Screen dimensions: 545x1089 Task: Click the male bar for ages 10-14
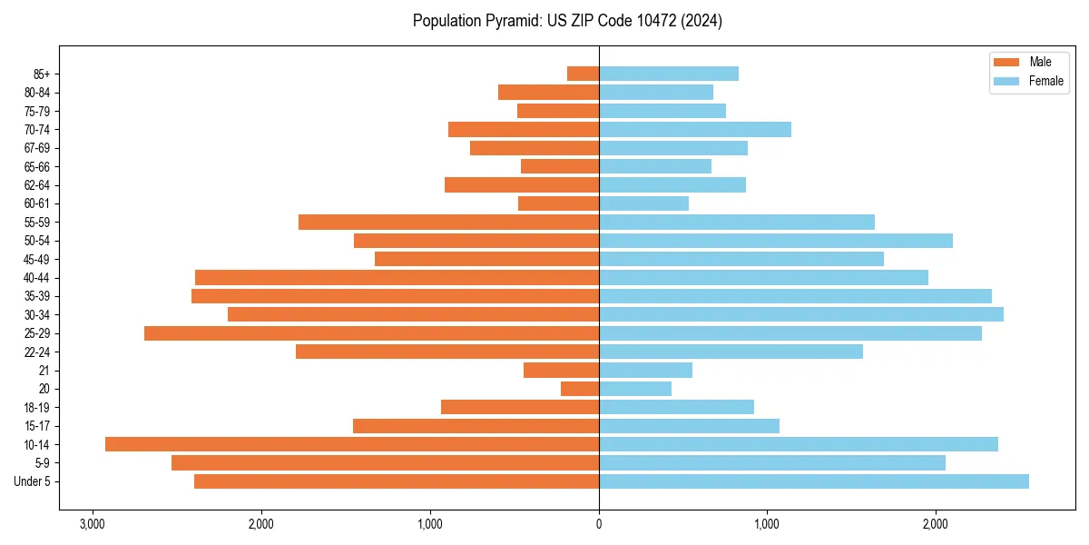(352, 444)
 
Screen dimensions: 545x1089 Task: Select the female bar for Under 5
(814, 481)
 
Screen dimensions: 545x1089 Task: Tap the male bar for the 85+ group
(583, 74)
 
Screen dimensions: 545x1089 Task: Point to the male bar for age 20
(580, 389)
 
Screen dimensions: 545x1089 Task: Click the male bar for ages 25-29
(371, 333)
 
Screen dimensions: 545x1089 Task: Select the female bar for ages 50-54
(776, 241)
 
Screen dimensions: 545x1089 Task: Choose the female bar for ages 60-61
(643, 203)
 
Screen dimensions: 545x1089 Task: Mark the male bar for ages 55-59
(448, 222)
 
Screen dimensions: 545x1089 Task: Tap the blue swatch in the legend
(1006, 81)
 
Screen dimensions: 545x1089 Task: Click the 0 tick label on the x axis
(599, 524)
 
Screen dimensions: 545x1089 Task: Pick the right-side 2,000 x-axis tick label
(936, 524)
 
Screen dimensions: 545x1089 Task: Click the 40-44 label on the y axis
(36, 278)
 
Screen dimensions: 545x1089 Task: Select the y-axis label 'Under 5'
(32, 481)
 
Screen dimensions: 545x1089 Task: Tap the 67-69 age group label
(36, 148)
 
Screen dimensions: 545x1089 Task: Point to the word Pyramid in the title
(512, 21)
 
